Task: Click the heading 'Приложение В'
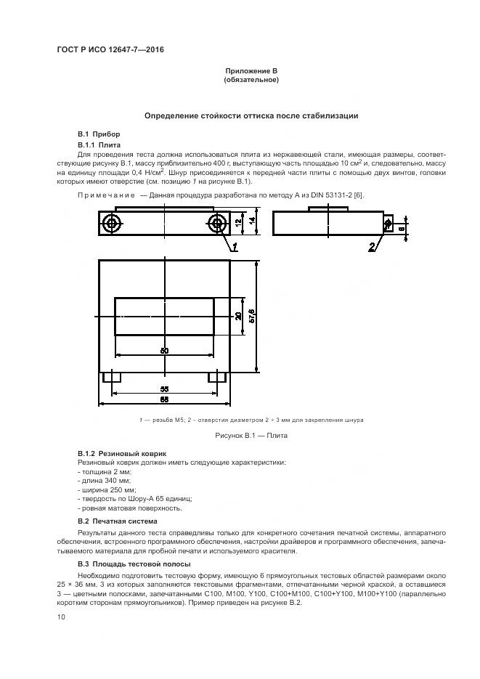(251, 70)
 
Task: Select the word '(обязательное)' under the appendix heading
(251, 80)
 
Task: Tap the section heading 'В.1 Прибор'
(99, 134)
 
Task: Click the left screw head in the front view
(111, 223)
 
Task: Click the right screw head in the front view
(217, 223)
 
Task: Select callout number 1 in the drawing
(235, 247)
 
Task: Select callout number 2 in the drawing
(372, 247)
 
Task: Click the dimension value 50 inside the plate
(164, 351)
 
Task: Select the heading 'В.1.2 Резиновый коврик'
(117, 453)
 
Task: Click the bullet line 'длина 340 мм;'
(103, 481)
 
